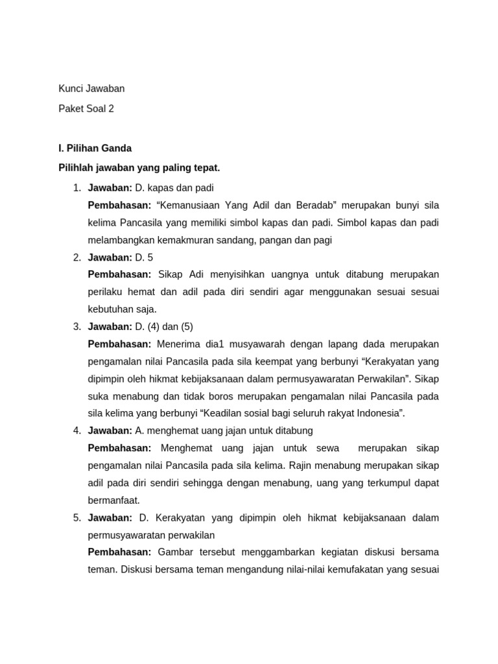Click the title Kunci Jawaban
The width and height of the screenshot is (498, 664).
(x=91, y=88)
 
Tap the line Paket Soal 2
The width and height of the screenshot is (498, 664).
(x=86, y=108)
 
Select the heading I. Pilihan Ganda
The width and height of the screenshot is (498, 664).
(x=95, y=148)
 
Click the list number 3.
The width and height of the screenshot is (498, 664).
(x=77, y=326)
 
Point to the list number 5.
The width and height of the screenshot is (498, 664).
(x=77, y=517)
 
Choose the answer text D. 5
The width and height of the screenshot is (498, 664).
(x=144, y=257)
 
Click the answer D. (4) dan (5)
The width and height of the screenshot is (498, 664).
(x=164, y=326)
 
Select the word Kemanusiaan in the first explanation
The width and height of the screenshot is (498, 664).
(x=189, y=206)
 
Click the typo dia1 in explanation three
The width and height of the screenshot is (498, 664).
(x=211, y=344)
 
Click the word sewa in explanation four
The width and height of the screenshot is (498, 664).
(x=328, y=448)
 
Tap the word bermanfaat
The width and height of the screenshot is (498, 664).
(x=113, y=500)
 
